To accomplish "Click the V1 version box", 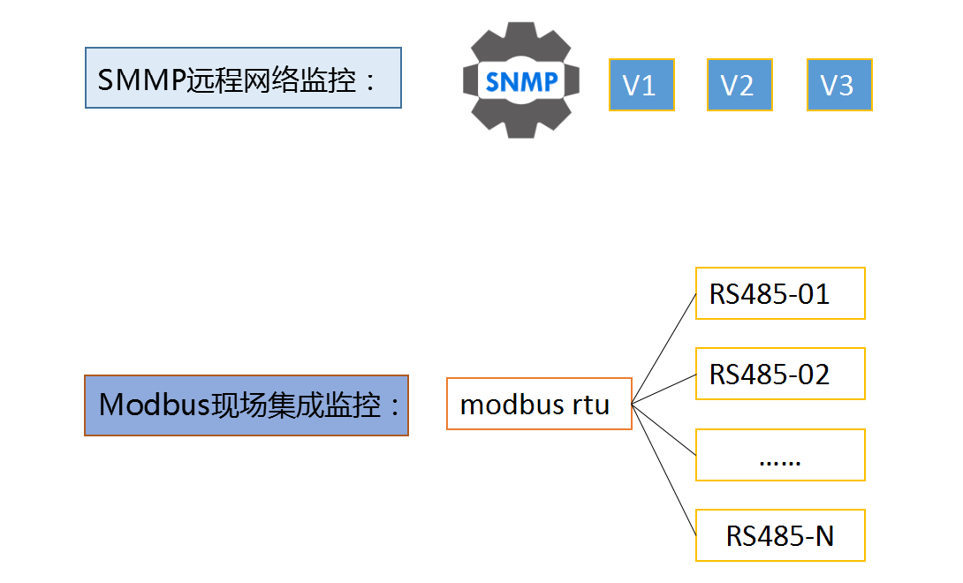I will pos(641,85).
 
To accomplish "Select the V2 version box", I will pos(739,85).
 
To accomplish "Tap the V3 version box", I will pos(839,85).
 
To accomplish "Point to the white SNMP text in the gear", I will pos(521,81).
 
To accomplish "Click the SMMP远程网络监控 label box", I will pos(243,79).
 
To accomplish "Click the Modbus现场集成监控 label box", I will pos(246,405).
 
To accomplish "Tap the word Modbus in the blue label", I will pos(153,405).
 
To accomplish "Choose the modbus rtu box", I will pos(539,405).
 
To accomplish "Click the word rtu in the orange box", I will pos(591,405).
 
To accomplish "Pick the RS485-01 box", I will pos(780,293).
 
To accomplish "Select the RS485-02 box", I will pos(780,374).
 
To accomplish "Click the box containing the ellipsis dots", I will pos(780,456).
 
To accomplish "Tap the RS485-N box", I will pos(780,535).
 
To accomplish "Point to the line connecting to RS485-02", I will pos(664,388).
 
